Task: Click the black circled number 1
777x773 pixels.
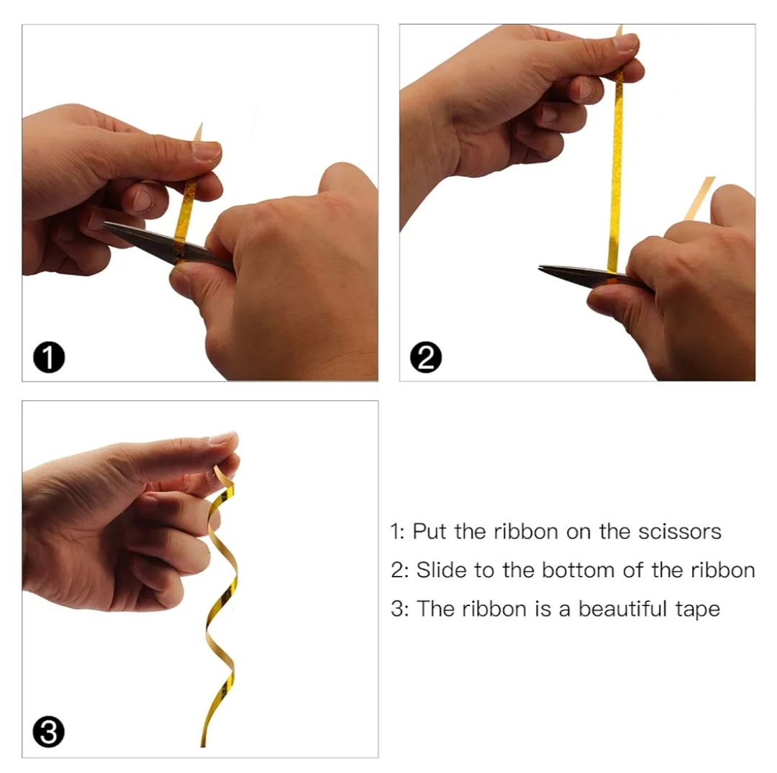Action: pyautogui.click(x=49, y=357)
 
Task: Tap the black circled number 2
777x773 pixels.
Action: pyautogui.click(x=426, y=357)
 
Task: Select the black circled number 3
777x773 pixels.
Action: pyautogui.click(x=49, y=732)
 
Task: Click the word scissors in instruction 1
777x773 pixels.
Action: pyautogui.click(x=679, y=532)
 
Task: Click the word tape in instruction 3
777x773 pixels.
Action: pyautogui.click(x=698, y=610)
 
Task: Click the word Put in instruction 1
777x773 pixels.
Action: pyautogui.click(x=429, y=532)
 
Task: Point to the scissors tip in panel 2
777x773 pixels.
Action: pyautogui.click(x=540, y=268)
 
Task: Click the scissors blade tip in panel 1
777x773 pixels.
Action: pyautogui.click(x=104, y=225)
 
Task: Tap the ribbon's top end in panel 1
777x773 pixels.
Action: pyautogui.click(x=201, y=124)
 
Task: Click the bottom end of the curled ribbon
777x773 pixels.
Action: pyautogui.click(x=203, y=745)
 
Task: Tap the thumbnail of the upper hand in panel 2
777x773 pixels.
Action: pyautogui.click(x=625, y=42)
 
